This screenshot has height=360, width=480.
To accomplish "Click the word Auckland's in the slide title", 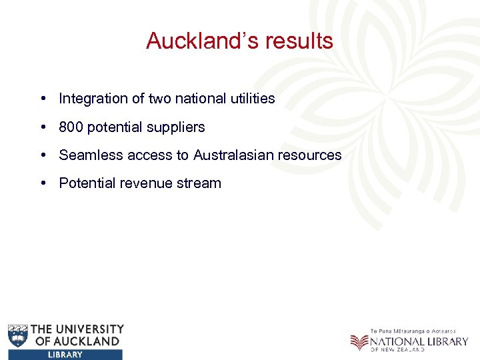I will coord(195,41).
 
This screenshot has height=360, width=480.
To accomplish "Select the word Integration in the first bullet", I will coord(93,99).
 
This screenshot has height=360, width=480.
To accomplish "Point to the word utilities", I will coord(250,99).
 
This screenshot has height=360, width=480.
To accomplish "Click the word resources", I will coord(313,155).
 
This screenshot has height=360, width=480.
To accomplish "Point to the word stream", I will coord(199,183).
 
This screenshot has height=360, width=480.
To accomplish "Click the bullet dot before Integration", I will coord(42,99).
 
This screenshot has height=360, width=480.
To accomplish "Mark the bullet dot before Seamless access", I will coord(42,155).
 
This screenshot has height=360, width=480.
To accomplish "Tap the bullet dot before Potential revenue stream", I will coord(42,183).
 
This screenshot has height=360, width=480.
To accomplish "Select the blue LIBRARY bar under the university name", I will coord(65,355).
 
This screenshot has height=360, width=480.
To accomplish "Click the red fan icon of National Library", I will coord(359,342).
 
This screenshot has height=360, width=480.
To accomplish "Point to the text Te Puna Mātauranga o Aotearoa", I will coord(413,331).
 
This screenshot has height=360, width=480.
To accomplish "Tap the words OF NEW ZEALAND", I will coord(398,349).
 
